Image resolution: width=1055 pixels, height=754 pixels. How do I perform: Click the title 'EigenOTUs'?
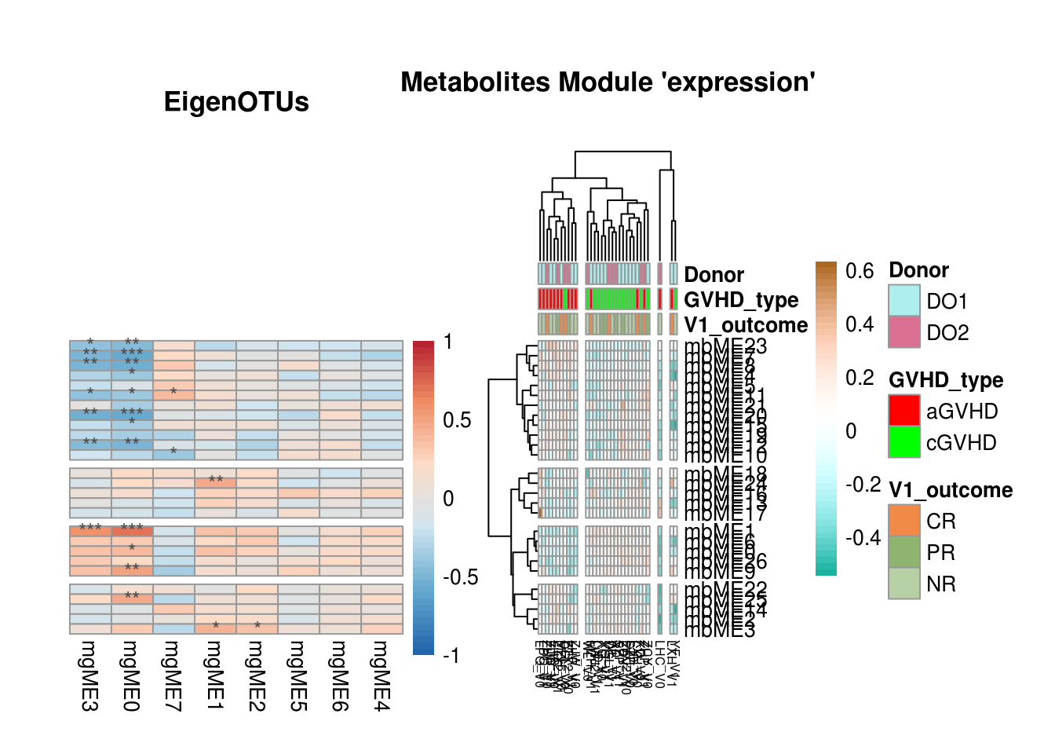coord(236,102)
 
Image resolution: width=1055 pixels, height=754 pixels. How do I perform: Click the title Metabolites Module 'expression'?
coord(608,82)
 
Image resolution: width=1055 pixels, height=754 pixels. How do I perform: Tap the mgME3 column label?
coord(89,675)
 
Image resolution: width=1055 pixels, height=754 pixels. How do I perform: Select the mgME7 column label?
coord(173,675)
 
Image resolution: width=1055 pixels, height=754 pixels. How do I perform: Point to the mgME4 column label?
coord(381,675)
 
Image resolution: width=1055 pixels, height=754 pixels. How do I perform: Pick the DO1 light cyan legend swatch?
coord(904,301)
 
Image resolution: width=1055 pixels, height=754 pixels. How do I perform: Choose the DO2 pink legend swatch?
coord(904,332)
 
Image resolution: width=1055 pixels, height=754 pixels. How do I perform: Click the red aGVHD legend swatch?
coord(904,411)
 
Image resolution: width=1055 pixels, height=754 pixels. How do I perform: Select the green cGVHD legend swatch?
coord(904,442)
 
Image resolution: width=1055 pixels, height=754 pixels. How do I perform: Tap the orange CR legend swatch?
coord(904,521)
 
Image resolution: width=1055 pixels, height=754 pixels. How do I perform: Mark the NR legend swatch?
coord(904,584)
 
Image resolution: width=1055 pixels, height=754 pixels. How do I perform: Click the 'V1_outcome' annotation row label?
coord(746,325)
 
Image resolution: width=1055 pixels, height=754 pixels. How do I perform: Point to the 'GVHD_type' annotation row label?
coord(741,300)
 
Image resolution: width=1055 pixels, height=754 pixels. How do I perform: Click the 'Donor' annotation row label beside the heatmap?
coord(714,275)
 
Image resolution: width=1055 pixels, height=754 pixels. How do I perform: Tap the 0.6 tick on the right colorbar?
coord(860,272)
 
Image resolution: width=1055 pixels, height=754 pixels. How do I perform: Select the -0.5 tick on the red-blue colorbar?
coord(460,577)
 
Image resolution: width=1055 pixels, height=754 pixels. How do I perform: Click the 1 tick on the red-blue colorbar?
coord(448,342)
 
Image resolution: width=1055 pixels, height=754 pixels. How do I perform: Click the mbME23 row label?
coord(725,346)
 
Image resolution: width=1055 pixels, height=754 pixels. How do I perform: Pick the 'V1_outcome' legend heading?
coord(950,490)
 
